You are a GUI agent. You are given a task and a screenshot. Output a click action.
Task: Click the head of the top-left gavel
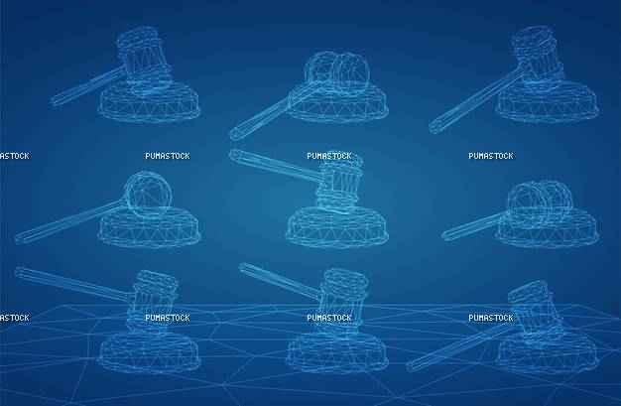point(143,60)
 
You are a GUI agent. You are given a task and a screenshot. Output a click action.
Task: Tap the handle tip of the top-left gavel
point(54,101)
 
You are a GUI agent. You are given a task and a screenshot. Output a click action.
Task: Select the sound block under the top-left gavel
point(150,101)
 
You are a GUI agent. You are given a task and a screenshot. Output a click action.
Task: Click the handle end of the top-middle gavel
point(234,134)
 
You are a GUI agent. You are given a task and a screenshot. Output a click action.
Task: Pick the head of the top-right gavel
point(538,58)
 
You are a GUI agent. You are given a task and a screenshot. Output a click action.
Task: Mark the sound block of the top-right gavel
point(548,102)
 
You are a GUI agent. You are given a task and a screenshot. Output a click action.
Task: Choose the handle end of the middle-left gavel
point(19,238)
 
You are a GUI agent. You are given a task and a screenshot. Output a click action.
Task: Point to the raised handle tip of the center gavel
point(233,154)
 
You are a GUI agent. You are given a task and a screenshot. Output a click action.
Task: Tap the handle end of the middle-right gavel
point(445,234)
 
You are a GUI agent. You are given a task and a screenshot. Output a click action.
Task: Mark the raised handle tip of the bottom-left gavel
point(19,272)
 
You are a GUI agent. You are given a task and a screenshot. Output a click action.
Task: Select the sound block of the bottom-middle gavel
point(337,352)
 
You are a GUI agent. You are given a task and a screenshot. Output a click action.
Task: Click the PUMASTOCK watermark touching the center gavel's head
point(329,156)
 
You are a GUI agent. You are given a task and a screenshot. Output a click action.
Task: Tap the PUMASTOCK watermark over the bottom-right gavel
point(491,318)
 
